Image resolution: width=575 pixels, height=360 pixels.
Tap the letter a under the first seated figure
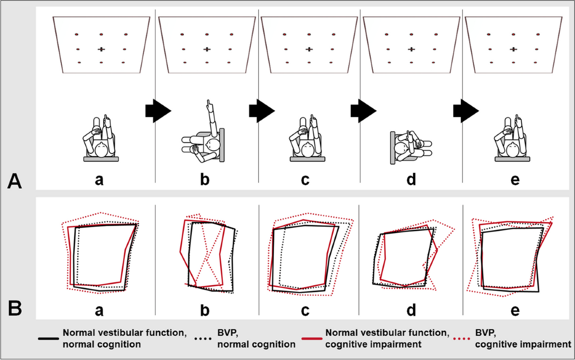[x=99, y=180]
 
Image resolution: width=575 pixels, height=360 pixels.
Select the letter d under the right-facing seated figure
[x=411, y=180]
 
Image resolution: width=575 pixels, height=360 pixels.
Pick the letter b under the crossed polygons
[x=205, y=310]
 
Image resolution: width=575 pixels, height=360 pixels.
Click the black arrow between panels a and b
[x=158, y=111]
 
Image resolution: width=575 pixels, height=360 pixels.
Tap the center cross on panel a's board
[x=101, y=49]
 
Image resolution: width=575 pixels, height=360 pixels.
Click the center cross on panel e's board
[x=513, y=49]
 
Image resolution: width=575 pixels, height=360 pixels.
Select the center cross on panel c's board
[x=309, y=49]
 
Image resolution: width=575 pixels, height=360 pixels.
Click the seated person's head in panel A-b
[x=211, y=144]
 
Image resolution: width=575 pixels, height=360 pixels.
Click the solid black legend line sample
[x=48, y=338]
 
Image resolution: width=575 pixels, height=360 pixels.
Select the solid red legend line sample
[x=311, y=338]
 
